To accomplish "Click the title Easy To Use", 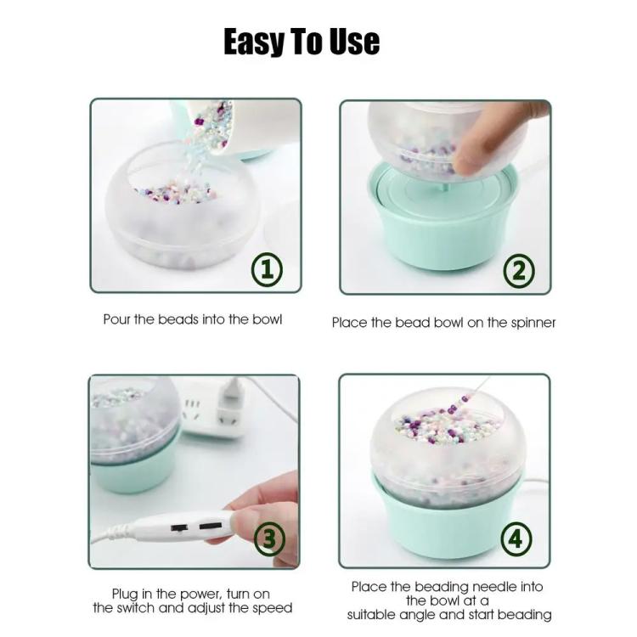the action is [x=302, y=42].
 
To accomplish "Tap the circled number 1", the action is [x=267, y=268].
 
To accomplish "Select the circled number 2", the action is [x=519, y=271].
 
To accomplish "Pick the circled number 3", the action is [x=269, y=538].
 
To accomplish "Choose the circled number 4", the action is [x=516, y=538].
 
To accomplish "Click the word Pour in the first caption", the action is [x=116, y=319].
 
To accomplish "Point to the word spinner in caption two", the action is [x=533, y=323].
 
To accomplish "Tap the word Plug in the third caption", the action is [x=125, y=595].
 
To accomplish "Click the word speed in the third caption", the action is [x=272, y=608].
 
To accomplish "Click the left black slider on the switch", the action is [x=178, y=528].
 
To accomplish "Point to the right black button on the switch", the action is [x=211, y=526].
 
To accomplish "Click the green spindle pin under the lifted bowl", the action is [x=443, y=188].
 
